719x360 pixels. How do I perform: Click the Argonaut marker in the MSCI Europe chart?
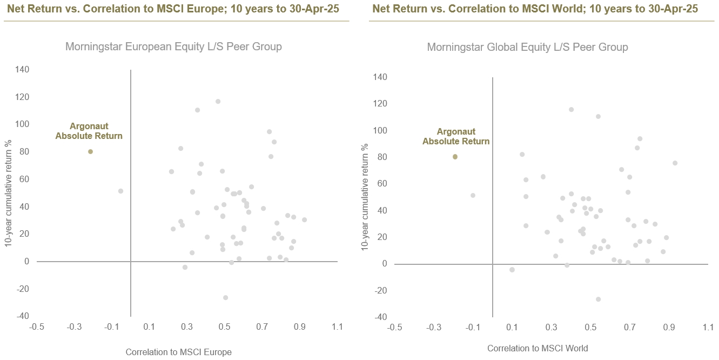[x=90, y=151]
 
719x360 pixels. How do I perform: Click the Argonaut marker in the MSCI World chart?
[x=455, y=157]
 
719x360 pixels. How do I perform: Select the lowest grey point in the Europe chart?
[x=225, y=297]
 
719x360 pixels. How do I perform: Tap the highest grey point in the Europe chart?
[x=218, y=101]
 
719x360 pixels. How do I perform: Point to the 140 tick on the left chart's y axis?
[x=22, y=70]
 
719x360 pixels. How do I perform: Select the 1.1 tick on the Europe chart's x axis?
[x=338, y=327]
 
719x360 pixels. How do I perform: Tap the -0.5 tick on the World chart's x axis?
[x=395, y=328]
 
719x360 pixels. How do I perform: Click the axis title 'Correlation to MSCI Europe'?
[x=178, y=352]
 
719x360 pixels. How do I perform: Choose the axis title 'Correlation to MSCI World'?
[x=537, y=348]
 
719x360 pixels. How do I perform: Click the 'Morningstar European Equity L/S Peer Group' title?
[x=173, y=46]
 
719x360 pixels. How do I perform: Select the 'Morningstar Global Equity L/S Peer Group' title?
[x=527, y=47]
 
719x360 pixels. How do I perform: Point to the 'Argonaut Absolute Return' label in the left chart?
[x=89, y=131]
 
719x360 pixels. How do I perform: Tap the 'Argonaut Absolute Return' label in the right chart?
[x=456, y=137]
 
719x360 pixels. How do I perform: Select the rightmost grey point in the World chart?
[x=675, y=163]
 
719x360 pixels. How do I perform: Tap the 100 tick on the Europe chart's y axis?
[x=22, y=124]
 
